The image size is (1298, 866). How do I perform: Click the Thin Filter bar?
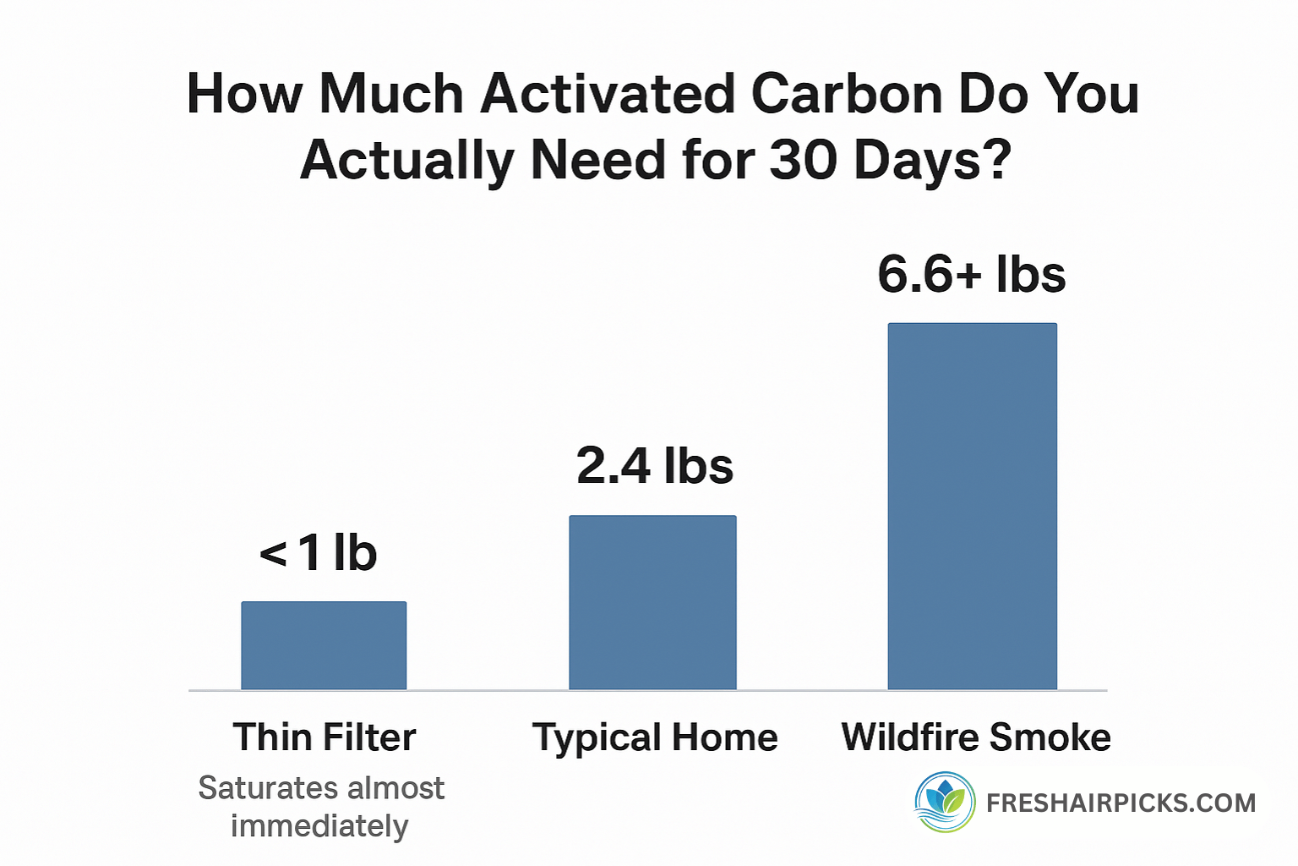tap(324, 645)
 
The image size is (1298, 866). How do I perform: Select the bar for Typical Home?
tap(652, 602)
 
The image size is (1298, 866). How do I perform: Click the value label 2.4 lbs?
tap(655, 466)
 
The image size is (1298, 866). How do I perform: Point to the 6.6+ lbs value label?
tap(972, 275)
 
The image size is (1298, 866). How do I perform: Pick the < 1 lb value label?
tap(319, 553)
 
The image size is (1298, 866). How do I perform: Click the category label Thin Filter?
tap(324, 737)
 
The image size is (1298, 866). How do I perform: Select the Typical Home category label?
tap(655, 737)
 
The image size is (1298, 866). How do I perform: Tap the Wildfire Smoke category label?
tap(976, 737)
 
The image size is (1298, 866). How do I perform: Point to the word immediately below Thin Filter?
tap(319, 826)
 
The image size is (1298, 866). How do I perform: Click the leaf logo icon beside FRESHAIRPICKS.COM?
tap(945, 802)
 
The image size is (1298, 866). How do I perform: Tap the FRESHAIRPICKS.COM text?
tap(1121, 803)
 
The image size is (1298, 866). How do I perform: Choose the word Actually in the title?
tap(406, 161)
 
